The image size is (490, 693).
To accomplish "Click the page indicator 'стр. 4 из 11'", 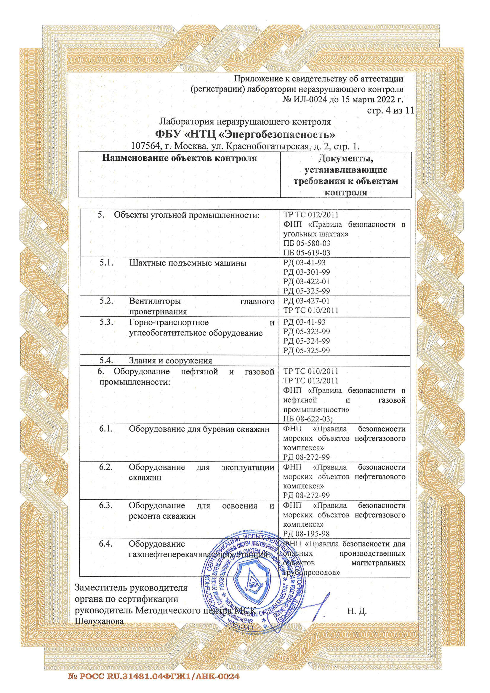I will click(x=390, y=111).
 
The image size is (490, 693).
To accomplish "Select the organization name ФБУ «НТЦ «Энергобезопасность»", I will click(x=245, y=134).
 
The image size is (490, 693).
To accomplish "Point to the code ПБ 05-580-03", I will click(x=307, y=243).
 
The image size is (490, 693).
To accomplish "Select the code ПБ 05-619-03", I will click(x=307, y=253).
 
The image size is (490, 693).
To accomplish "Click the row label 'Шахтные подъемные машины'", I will click(x=188, y=263).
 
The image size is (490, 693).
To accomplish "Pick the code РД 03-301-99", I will click(x=307, y=272).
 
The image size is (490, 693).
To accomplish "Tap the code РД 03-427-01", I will click(x=306, y=301).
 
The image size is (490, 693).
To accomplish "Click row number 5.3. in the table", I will click(x=107, y=322).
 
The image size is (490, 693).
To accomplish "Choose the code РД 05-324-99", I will click(x=307, y=341).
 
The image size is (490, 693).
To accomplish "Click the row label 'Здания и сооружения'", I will click(x=170, y=361).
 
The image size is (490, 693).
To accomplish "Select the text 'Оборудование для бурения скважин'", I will click(x=199, y=429).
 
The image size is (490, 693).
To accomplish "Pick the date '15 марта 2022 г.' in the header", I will click(x=372, y=99).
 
